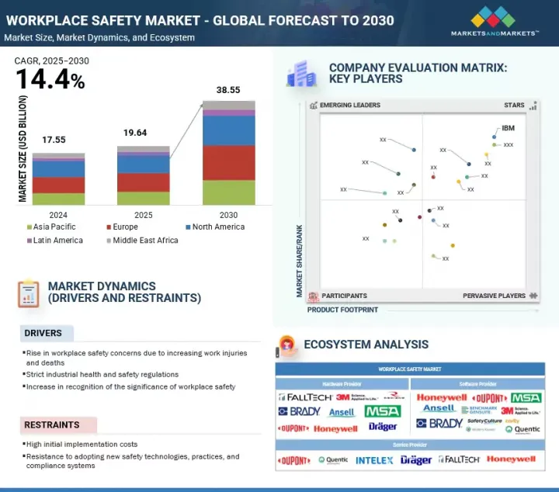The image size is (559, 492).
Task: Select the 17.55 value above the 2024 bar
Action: pos(54,140)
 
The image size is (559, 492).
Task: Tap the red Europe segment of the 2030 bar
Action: pos(228,163)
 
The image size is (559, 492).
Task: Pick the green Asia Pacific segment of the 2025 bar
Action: pos(143,198)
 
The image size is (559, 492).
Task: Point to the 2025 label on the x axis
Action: pos(143,215)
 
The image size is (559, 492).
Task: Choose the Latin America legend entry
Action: pos(56,241)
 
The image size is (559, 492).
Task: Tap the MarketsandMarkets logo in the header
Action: pos(495,22)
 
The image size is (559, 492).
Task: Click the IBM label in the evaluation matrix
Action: pos(508,128)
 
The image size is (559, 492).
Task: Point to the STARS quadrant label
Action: pos(514,106)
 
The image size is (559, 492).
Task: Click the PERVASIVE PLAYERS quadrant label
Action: pos(494,296)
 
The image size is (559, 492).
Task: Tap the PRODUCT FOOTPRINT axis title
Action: pos(342,310)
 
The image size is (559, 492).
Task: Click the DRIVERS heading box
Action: pos(47,333)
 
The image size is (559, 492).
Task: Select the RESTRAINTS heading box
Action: pos(58,424)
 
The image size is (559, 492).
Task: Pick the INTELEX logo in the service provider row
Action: pos(374,460)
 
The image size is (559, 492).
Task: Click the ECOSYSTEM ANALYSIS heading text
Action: pos(366,345)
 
